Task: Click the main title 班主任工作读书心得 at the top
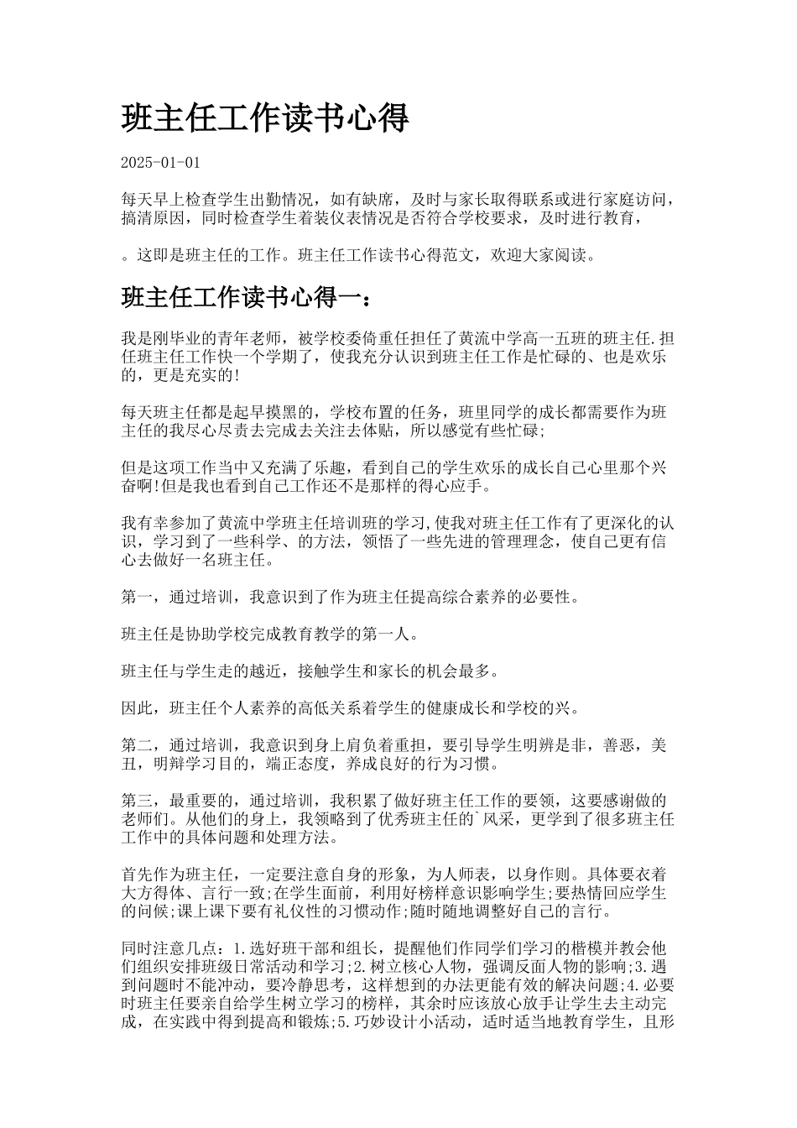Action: click(x=265, y=118)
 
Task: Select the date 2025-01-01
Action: click(x=161, y=162)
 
